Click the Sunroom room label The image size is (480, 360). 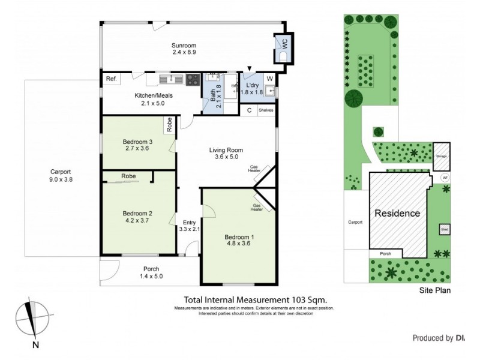[x=184, y=46]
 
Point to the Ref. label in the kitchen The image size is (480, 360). [x=110, y=79]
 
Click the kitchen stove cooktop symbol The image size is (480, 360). [x=193, y=79]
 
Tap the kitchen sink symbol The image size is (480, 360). [x=171, y=79]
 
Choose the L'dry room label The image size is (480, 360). [x=248, y=85]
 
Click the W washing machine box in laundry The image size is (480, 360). [x=269, y=79]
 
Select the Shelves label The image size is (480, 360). [x=266, y=110]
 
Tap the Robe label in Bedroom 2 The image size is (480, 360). [x=128, y=176]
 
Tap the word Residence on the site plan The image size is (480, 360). [x=397, y=213]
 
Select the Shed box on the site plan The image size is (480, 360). [x=445, y=229]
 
